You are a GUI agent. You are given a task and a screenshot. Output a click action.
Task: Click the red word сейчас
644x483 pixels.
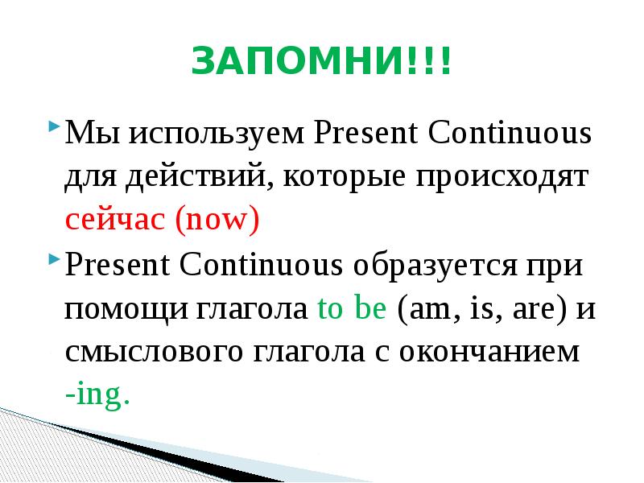tap(115, 220)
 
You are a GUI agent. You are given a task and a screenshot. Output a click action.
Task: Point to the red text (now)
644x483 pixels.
tap(216, 220)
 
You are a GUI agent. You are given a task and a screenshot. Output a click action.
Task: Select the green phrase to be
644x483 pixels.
tap(353, 308)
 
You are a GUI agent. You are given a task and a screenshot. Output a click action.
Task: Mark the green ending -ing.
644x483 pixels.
tap(97, 397)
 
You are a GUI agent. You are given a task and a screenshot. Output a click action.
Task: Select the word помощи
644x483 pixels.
tap(124, 308)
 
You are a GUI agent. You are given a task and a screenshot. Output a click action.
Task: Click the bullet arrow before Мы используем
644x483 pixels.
tap(53, 128)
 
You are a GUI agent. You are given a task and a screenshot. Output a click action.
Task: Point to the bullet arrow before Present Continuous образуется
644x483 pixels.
tap(53, 261)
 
